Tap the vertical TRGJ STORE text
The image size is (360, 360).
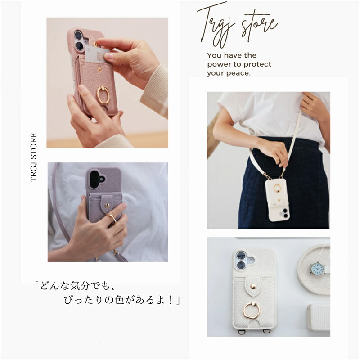coord(34,157)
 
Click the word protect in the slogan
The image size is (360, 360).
coord(257,64)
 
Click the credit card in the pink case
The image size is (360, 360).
coord(96,54)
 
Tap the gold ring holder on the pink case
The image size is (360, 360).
coord(103,94)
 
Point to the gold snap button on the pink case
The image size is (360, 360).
coord(99,69)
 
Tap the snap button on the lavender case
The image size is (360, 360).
coord(107,205)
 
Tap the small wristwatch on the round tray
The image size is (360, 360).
coord(318,268)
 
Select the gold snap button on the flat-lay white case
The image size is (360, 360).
coord(253,286)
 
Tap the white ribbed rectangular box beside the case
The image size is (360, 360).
coord(319,317)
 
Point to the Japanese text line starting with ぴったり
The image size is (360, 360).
coord(122,300)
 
